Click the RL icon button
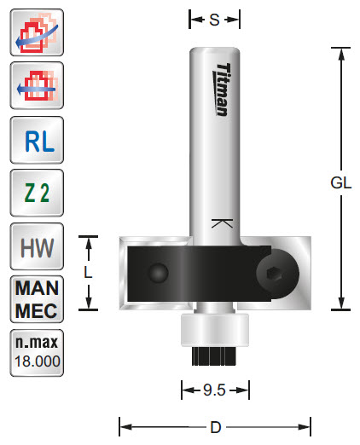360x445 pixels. pos(35,139)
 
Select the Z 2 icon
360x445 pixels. pos(35,193)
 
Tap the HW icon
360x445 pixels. pos(35,247)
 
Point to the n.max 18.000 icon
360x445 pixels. pos(35,351)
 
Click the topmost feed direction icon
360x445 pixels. pos(35,34)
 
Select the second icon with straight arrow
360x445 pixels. pos(35,86)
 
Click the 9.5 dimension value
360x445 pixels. pos(215,390)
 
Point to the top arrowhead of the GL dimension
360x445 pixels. pos(341,54)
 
